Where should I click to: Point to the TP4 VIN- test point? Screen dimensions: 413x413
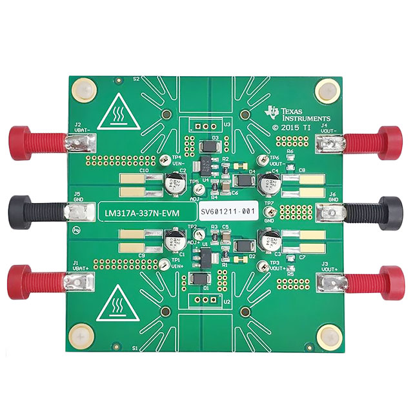point(168,159)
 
